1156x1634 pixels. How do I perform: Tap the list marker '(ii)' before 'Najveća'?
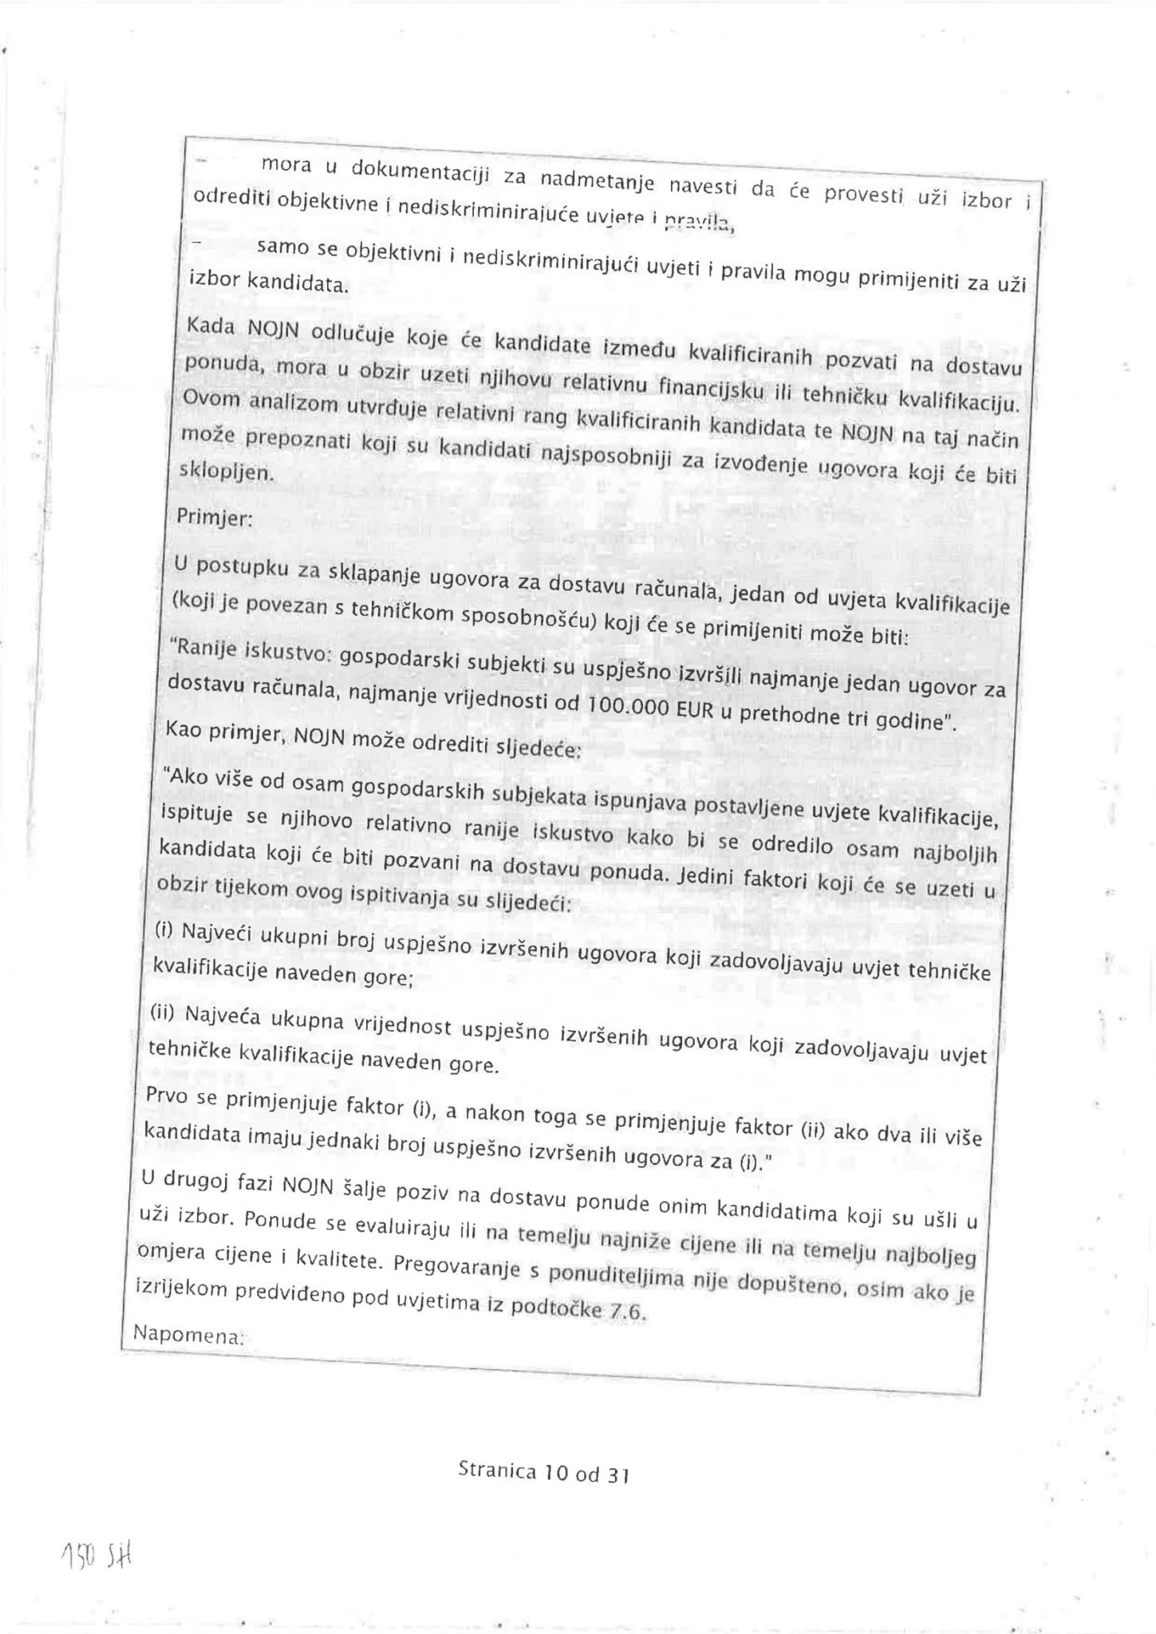coord(163,1013)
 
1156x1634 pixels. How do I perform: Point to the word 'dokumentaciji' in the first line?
coord(409,171)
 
